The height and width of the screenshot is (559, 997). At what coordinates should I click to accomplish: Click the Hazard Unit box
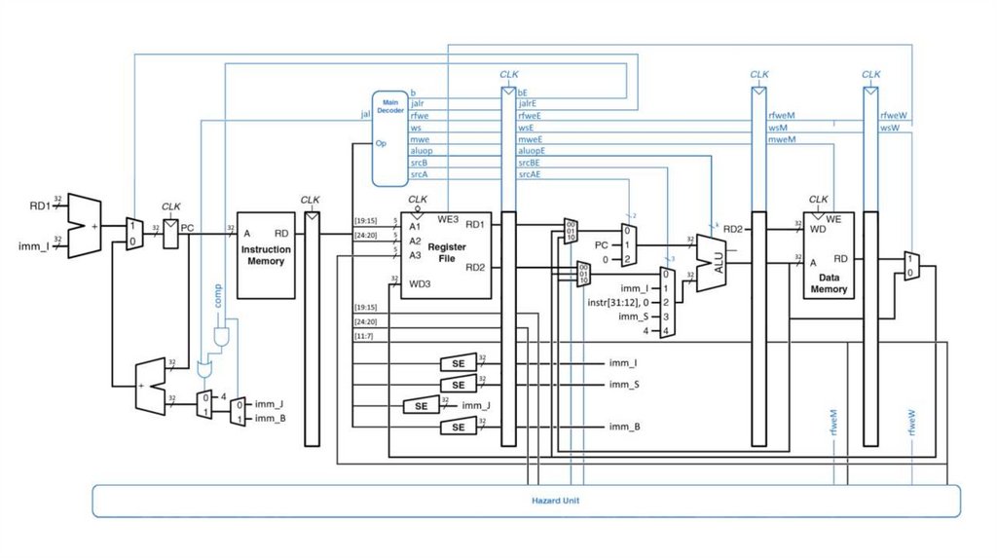[x=526, y=500]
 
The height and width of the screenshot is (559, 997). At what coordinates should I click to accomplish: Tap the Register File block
[x=446, y=253]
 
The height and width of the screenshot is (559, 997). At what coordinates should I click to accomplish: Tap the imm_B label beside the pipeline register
[x=624, y=427]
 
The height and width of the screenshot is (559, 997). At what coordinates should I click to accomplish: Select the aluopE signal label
[x=532, y=152]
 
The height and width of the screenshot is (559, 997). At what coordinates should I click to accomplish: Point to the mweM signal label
[x=782, y=139]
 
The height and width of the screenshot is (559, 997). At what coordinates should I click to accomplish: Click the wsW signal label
[x=892, y=128]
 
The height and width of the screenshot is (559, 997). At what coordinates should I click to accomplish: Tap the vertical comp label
[x=218, y=296]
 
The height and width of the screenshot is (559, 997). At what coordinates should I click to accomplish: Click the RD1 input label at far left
[x=40, y=205]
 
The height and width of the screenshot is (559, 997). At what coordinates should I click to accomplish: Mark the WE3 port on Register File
[x=449, y=219]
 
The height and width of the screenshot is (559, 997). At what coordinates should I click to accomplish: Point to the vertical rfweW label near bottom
[x=913, y=423]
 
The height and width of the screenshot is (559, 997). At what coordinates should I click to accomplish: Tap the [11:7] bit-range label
[x=366, y=335]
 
